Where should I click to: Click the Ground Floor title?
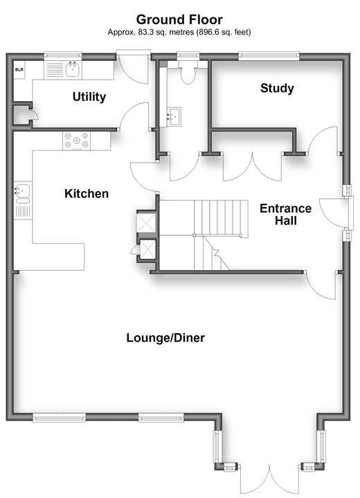pos(179,19)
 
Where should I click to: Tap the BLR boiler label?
pos(19,69)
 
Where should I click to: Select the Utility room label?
pos(89,97)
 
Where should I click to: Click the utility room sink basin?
pos(73,69)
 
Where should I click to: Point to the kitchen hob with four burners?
pos(76,141)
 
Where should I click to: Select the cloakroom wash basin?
pos(174,116)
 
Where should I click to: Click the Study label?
pos(277,88)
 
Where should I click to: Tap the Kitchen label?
pos(87,193)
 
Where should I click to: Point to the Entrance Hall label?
pos(286,215)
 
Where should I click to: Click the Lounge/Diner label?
pos(165,337)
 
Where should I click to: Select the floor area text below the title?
pos(179,32)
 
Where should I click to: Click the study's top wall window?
pos(269,56)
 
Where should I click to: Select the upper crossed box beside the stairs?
pos(146,222)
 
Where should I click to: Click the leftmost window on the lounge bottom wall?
pos(59,418)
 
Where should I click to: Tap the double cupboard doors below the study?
pos(253,167)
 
